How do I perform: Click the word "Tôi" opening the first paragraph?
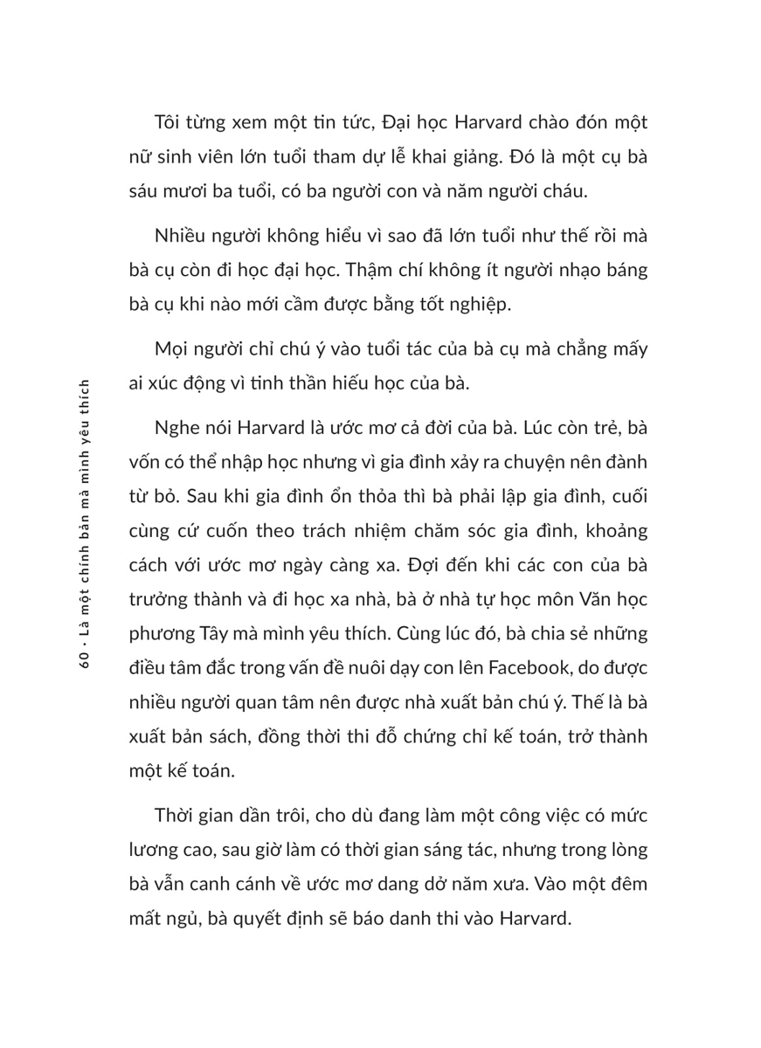pos(169,121)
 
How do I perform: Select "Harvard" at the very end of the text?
pos(534,919)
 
